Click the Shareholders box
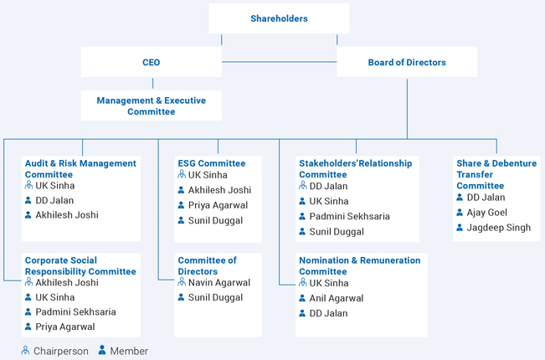[x=279, y=18]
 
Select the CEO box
[x=152, y=62]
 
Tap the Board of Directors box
[x=407, y=62]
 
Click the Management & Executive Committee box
[x=152, y=105]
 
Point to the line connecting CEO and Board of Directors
[x=279, y=62]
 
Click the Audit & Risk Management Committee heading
[x=80, y=169]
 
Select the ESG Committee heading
[x=212, y=163]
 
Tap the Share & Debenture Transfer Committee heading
[x=496, y=174]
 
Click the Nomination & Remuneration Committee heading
[x=360, y=266]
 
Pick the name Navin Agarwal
[x=219, y=282]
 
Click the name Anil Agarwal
[x=337, y=298]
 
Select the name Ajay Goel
[x=486, y=213]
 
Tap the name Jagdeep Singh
[x=499, y=228]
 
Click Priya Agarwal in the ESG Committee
[x=218, y=205]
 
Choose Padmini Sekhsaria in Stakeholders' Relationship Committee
[x=349, y=217]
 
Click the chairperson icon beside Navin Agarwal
[x=182, y=282]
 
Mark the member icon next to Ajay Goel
[x=460, y=212]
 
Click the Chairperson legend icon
[x=25, y=350]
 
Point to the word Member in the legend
[x=129, y=351]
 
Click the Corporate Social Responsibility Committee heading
[x=80, y=266]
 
